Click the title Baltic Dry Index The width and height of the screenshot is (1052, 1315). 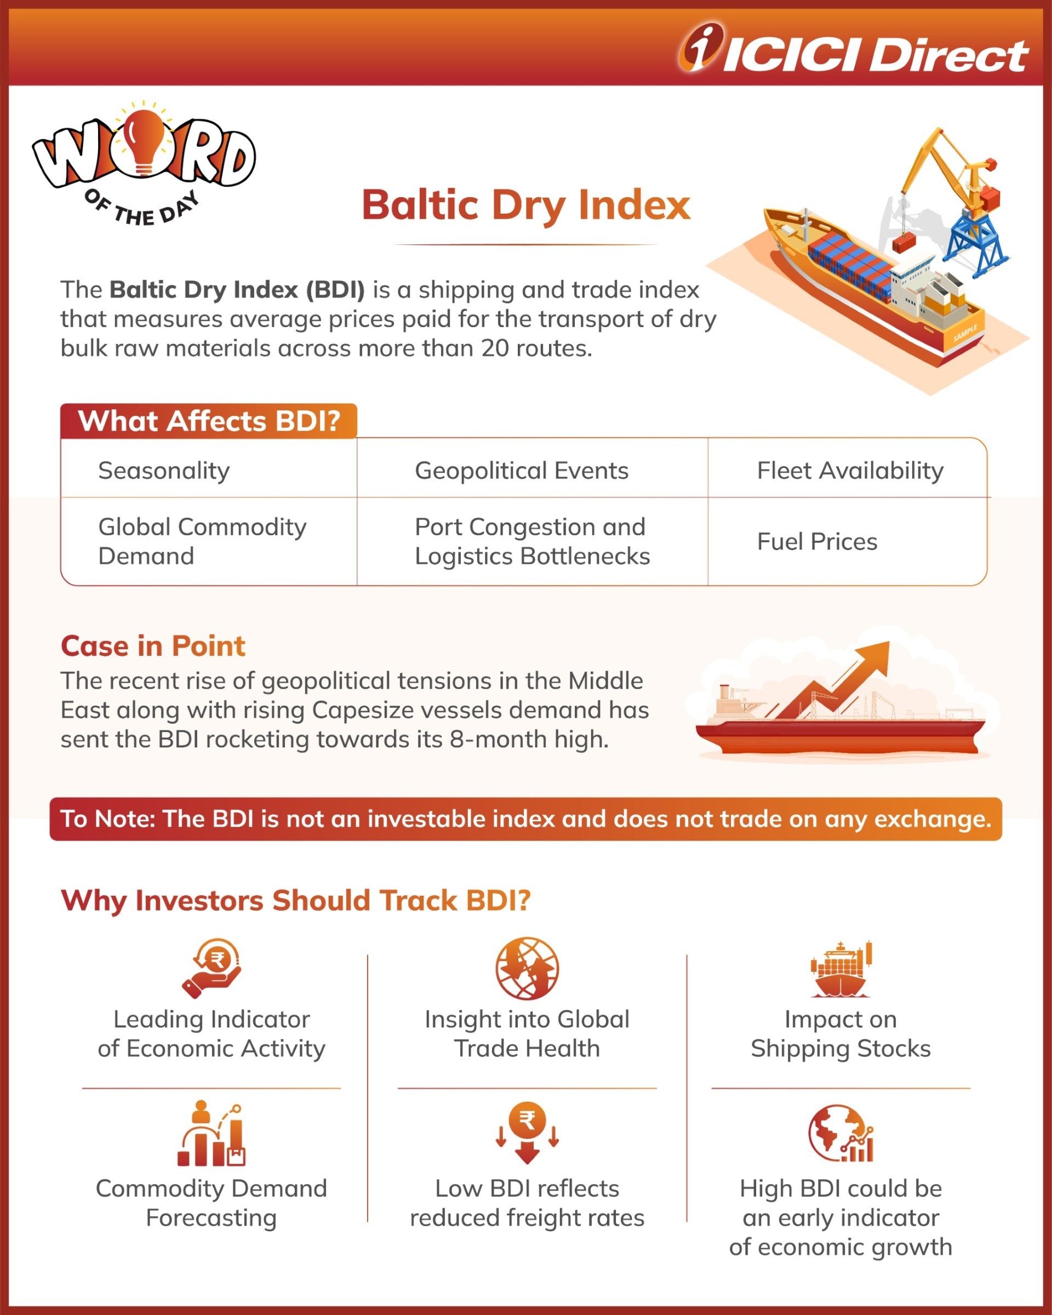pyautogui.click(x=525, y=205)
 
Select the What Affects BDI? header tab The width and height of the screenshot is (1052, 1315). pyautogui.click(x=209, y=421)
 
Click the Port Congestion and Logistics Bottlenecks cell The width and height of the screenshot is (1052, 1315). pyautogui.click(x=532, y=541)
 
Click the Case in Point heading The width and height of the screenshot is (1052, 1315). pyautogui.click(x=152, y=646)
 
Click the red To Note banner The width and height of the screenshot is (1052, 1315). pyautogui.click(x=525, y=819)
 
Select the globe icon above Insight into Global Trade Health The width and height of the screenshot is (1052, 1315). pyautogui.click(x=527, y=968)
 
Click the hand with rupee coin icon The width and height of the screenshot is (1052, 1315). pyautogui.click(x=212, y=968)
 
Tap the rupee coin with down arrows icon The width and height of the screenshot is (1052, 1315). pyautogui.click(x=527, y=1132)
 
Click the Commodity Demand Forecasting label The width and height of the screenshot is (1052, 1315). pyautogui.click(x=211, y=1203)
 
